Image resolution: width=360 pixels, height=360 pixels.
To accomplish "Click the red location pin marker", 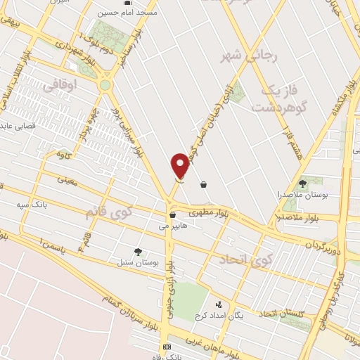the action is click(x=181, y=166).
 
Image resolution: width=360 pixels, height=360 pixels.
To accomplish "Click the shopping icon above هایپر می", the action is click(x=172, y=215).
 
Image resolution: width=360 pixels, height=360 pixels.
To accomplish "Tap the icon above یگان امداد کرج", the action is click(x=219, y=305).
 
